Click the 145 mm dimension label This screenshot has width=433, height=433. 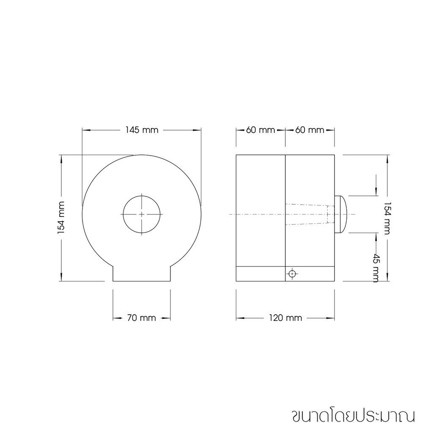click(x=142, y=130)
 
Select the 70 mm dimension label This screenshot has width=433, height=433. click(x=141, y=318)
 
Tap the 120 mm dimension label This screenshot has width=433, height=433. click(x=285, y=318)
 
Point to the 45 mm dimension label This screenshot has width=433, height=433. click(x=376, y=268)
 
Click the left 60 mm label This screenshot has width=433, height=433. click(x=260, y=130)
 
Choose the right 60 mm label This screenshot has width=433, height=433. click(x=310, y=130)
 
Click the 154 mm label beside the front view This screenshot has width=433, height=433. click(x=61, y=218)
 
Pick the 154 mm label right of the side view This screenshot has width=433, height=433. click(x=387, y=218)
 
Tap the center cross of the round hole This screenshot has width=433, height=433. click(x=142, y=214)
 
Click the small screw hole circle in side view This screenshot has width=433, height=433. click(x=292, y=274)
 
